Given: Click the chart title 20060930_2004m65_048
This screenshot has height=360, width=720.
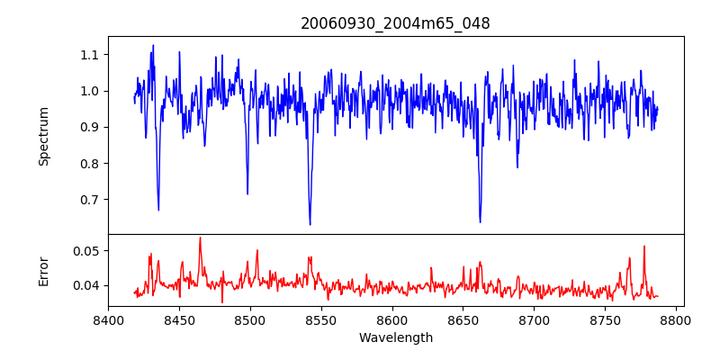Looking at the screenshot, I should pos(395,23).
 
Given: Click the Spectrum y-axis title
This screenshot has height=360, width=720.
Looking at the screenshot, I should pos(43,136).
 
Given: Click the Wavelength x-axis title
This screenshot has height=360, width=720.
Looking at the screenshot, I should pos(395,338).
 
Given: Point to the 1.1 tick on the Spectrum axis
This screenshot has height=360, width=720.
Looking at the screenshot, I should pos(88,55).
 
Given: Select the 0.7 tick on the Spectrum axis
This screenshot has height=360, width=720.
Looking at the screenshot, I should pos(88,200).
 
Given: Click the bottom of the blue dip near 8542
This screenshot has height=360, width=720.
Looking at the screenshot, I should pos(310,224).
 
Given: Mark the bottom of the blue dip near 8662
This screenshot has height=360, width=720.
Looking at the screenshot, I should pos(480,221).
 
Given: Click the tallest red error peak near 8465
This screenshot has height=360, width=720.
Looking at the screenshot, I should pos(200,238).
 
